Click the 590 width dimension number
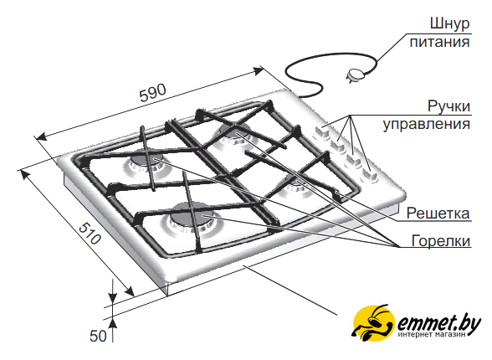(153, 93)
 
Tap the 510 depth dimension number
(90, 234)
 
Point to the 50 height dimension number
(98, 336)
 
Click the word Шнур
(449, 24)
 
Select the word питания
(440, 42)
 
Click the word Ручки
(449, 106)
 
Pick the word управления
(427, 124)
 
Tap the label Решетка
(438, 213)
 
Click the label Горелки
(441, 241)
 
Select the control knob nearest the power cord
(321, 133)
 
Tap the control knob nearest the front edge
(368, 176)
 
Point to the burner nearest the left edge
(145, 163)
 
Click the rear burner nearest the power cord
(234, 133)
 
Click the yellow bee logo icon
(373, 323)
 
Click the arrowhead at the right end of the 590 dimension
(259, 71)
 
